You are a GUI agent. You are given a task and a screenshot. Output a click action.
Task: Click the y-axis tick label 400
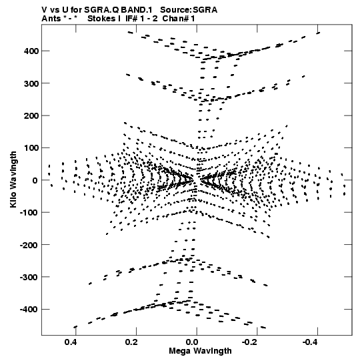[31, 51]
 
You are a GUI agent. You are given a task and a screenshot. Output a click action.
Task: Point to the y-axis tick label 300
[31, 83]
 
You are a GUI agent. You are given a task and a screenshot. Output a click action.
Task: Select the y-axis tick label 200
[31, 115]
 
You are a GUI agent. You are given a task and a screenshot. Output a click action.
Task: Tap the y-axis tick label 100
[31, 148]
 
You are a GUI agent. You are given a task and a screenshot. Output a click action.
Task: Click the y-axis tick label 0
[35, 180]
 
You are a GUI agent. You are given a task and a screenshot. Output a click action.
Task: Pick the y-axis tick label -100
[29, 212]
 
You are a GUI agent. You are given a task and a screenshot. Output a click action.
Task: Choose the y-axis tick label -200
[29, 245]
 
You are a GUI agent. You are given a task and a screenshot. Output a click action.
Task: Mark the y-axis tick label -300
[29, 277]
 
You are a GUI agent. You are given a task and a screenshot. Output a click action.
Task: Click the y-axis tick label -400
[29, 310]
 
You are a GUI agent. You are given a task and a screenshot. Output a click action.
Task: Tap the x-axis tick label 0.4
[71, 342]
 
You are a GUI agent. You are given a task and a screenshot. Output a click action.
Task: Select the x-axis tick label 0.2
[131, 342]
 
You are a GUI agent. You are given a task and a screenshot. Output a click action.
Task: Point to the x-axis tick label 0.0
[192, 342]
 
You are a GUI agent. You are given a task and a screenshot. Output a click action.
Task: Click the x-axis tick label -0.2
[251, 342]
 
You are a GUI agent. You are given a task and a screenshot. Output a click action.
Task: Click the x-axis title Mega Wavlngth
[200, 351]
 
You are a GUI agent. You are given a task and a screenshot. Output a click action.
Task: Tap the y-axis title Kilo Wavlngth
[13, 179]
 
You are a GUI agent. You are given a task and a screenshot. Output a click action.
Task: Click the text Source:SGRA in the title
[189, 10]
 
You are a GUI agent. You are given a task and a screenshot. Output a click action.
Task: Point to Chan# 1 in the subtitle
[179, 19]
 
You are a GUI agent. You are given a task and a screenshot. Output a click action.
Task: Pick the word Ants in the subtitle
[51, 19]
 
